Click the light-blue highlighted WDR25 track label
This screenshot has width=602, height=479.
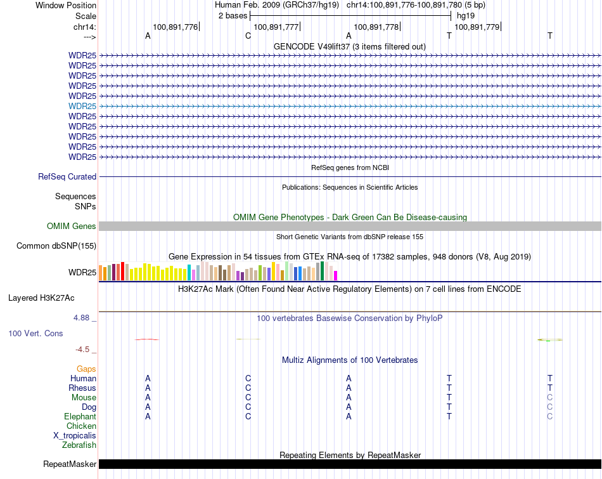82,106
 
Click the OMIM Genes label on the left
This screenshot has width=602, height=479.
72,226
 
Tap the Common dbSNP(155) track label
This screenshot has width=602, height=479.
56,246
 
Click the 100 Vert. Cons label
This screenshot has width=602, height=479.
35,333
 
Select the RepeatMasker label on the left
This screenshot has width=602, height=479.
70,464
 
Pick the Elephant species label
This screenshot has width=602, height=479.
80,417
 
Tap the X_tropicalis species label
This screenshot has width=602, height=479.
75,436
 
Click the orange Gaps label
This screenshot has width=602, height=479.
86,369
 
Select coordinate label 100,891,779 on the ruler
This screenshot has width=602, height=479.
477,27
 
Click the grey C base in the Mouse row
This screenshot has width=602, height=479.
550,398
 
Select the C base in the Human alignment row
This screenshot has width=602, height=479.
248,379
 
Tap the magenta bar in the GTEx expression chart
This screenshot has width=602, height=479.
336,275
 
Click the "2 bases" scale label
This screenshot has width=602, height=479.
233,15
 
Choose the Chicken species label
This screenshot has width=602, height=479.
81,426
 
